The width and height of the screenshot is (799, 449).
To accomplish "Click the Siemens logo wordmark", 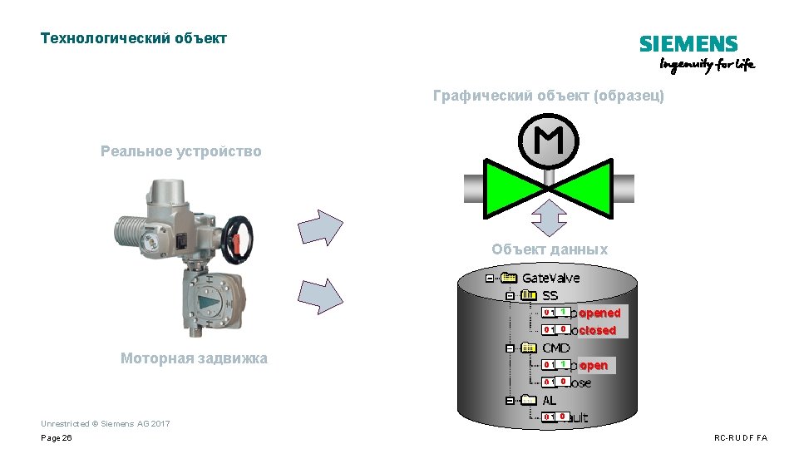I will coord(688,44).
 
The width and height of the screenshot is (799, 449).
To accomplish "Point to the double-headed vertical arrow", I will coord(549,218).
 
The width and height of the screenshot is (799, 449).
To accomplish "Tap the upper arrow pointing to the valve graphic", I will coord(320,228).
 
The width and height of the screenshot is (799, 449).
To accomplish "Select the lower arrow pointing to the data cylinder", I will coord(320,296).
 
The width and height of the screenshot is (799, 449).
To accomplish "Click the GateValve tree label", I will coord(550,278).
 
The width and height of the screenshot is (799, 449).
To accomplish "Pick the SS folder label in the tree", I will coord(550,295).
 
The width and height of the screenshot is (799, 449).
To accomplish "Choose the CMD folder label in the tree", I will coord(555,348).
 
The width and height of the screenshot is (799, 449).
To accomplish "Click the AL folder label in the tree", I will coord(550,400).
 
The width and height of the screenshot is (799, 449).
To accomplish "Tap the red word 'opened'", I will coord(599,313).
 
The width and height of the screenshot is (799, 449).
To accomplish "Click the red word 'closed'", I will coord(598,330).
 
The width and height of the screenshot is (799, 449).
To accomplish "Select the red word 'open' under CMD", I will coord(594,365).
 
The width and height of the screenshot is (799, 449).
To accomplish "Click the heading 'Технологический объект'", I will coord(134,38).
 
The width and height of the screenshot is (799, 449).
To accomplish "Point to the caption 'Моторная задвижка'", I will coord(194,358).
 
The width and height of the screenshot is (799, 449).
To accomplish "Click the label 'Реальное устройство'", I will coord(180,151).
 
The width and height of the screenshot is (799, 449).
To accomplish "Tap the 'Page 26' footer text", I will coord(57,437).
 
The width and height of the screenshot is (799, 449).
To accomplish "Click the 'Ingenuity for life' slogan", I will coord(708,65).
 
